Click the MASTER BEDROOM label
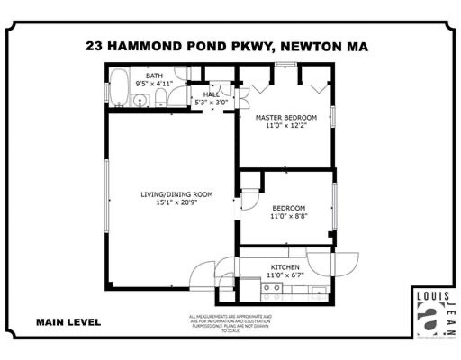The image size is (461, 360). (287, 117)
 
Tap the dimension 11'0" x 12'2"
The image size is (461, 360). (287, 126)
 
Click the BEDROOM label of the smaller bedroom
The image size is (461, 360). (289, 208)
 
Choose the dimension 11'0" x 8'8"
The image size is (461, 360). (289, 217)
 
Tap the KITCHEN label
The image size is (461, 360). (285, 267)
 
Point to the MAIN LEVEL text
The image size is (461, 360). (68, 321)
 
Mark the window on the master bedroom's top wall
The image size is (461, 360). (287, 65)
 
